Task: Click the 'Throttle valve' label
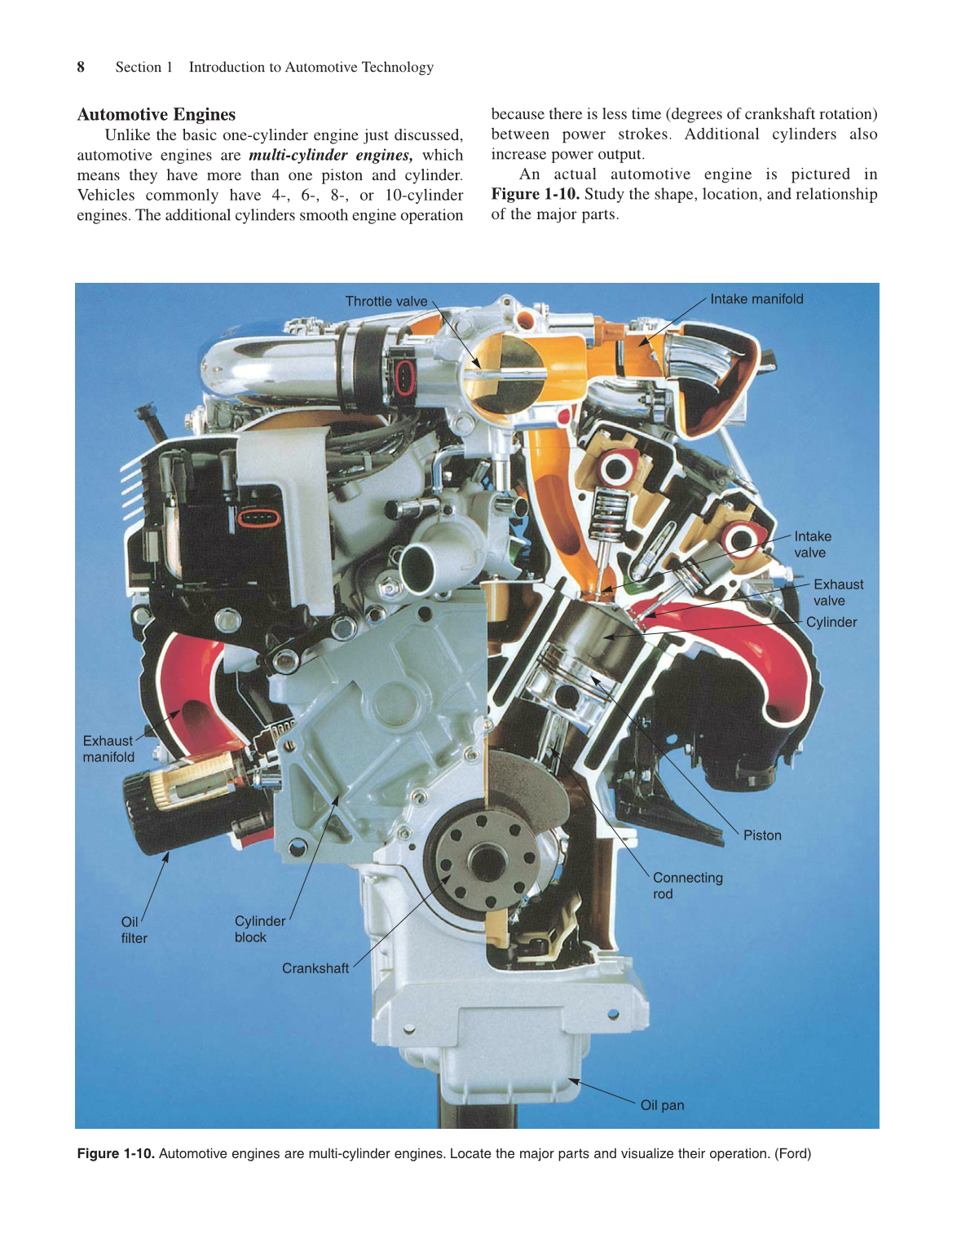(x=386, y=302)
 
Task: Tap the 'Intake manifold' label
(x=756, y=299)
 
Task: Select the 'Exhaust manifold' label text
(x=108, y=749)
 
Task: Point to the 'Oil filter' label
(x=134, y=930)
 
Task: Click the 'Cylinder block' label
(x=259, y=929)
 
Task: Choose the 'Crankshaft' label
(x=315, y=968)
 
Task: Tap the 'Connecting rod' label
(x=687, y=886)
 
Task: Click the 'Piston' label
(x=761, y=835)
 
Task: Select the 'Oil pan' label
(x=662, y=1105)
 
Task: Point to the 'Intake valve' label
(x=812, y=544)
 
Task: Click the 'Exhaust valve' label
(x=838, y=593)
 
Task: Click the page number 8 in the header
(x=81, y=67)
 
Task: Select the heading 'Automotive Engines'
(x=157, y=114)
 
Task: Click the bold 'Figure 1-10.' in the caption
(x=116, y=1153)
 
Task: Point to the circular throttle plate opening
(x=504, y=375)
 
